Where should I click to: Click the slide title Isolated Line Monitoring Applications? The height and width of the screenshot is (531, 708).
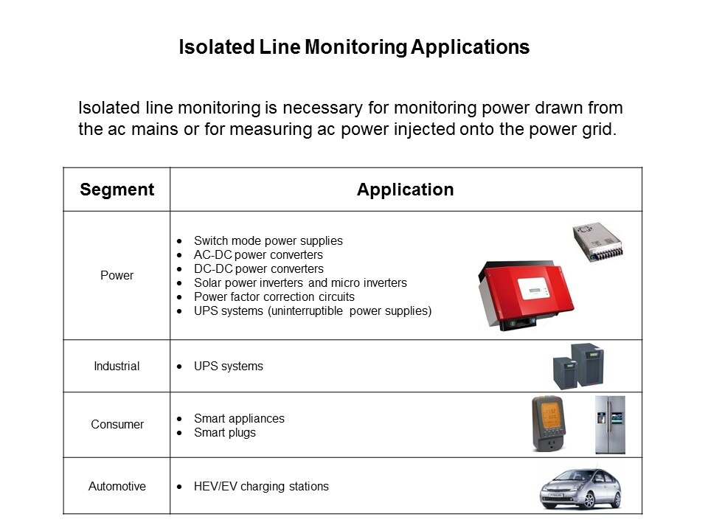tap(354, 47)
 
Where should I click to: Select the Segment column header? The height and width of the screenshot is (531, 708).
tap(117, 190)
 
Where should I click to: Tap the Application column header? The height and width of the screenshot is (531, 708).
tap(406, 190)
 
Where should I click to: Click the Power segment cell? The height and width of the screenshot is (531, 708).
tap(117, 275)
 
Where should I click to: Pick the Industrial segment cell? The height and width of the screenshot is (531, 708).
tap(117, 367)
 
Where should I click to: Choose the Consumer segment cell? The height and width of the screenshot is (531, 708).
tap(117, 425)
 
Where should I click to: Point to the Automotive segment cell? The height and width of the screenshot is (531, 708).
tap(117, 486)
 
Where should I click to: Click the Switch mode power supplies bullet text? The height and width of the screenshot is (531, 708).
tap(268, 240)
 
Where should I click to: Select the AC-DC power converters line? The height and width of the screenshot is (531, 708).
tap(258, 254)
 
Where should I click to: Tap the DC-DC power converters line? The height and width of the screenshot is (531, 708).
tap(259, 268)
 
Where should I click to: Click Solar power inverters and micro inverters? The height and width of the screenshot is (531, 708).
tap(300, 282)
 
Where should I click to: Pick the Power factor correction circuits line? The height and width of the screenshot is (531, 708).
tap(274, 296)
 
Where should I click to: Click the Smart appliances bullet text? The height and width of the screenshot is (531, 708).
tap(239, 419)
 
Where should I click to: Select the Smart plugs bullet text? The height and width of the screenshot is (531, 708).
tap(225, 433)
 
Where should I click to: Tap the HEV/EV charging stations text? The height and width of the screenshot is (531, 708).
tap(261, 486)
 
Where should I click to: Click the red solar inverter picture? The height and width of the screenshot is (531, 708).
tap(525, 295)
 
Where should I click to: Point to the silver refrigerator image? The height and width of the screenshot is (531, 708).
tap(610, 425)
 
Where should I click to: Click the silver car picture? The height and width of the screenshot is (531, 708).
tap(581, 488)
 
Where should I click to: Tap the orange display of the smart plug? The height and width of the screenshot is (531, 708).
tap(550, 415)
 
